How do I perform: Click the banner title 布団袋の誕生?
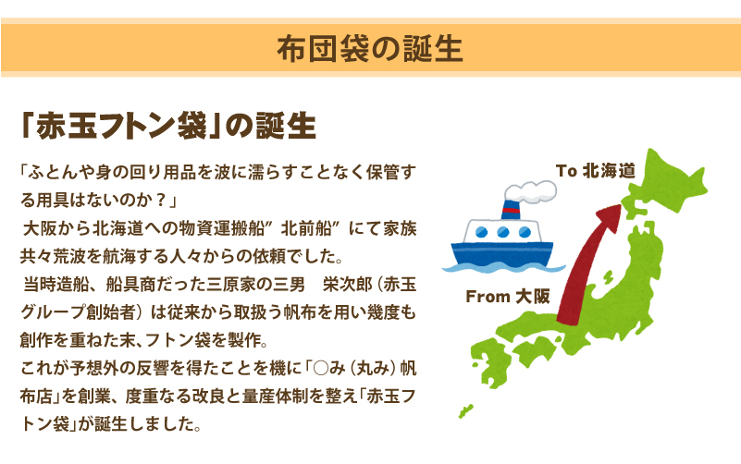pos(369,49)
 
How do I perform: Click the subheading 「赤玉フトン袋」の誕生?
pos(168,126)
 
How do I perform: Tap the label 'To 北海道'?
pos(596,170)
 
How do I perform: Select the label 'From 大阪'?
pos(508,297)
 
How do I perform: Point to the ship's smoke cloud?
pos(530,191)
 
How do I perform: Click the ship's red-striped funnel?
pos(511,210)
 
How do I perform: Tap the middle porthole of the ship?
pos(503,232)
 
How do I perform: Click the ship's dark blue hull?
pos(502,253)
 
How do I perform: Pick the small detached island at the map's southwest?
pos(466,410)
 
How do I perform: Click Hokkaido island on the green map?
pos(665,182)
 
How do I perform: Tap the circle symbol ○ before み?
pos(320,368)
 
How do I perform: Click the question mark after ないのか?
pos(161,201)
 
